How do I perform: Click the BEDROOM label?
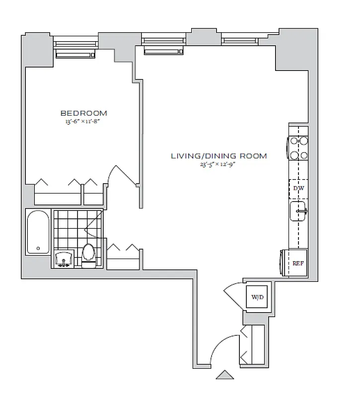[83, 113]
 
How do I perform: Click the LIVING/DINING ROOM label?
[219, 156]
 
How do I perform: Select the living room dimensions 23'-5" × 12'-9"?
[219, 164]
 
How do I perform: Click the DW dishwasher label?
[298, 189]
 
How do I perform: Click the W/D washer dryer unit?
[258, 298]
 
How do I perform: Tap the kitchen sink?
[298, 211]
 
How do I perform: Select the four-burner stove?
[298, 148]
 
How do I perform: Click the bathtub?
[38, 232]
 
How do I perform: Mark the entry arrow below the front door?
[225, 375]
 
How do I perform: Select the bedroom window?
[76, 46]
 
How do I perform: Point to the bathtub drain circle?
[38, 248]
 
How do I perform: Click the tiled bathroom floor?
[67, 228]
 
